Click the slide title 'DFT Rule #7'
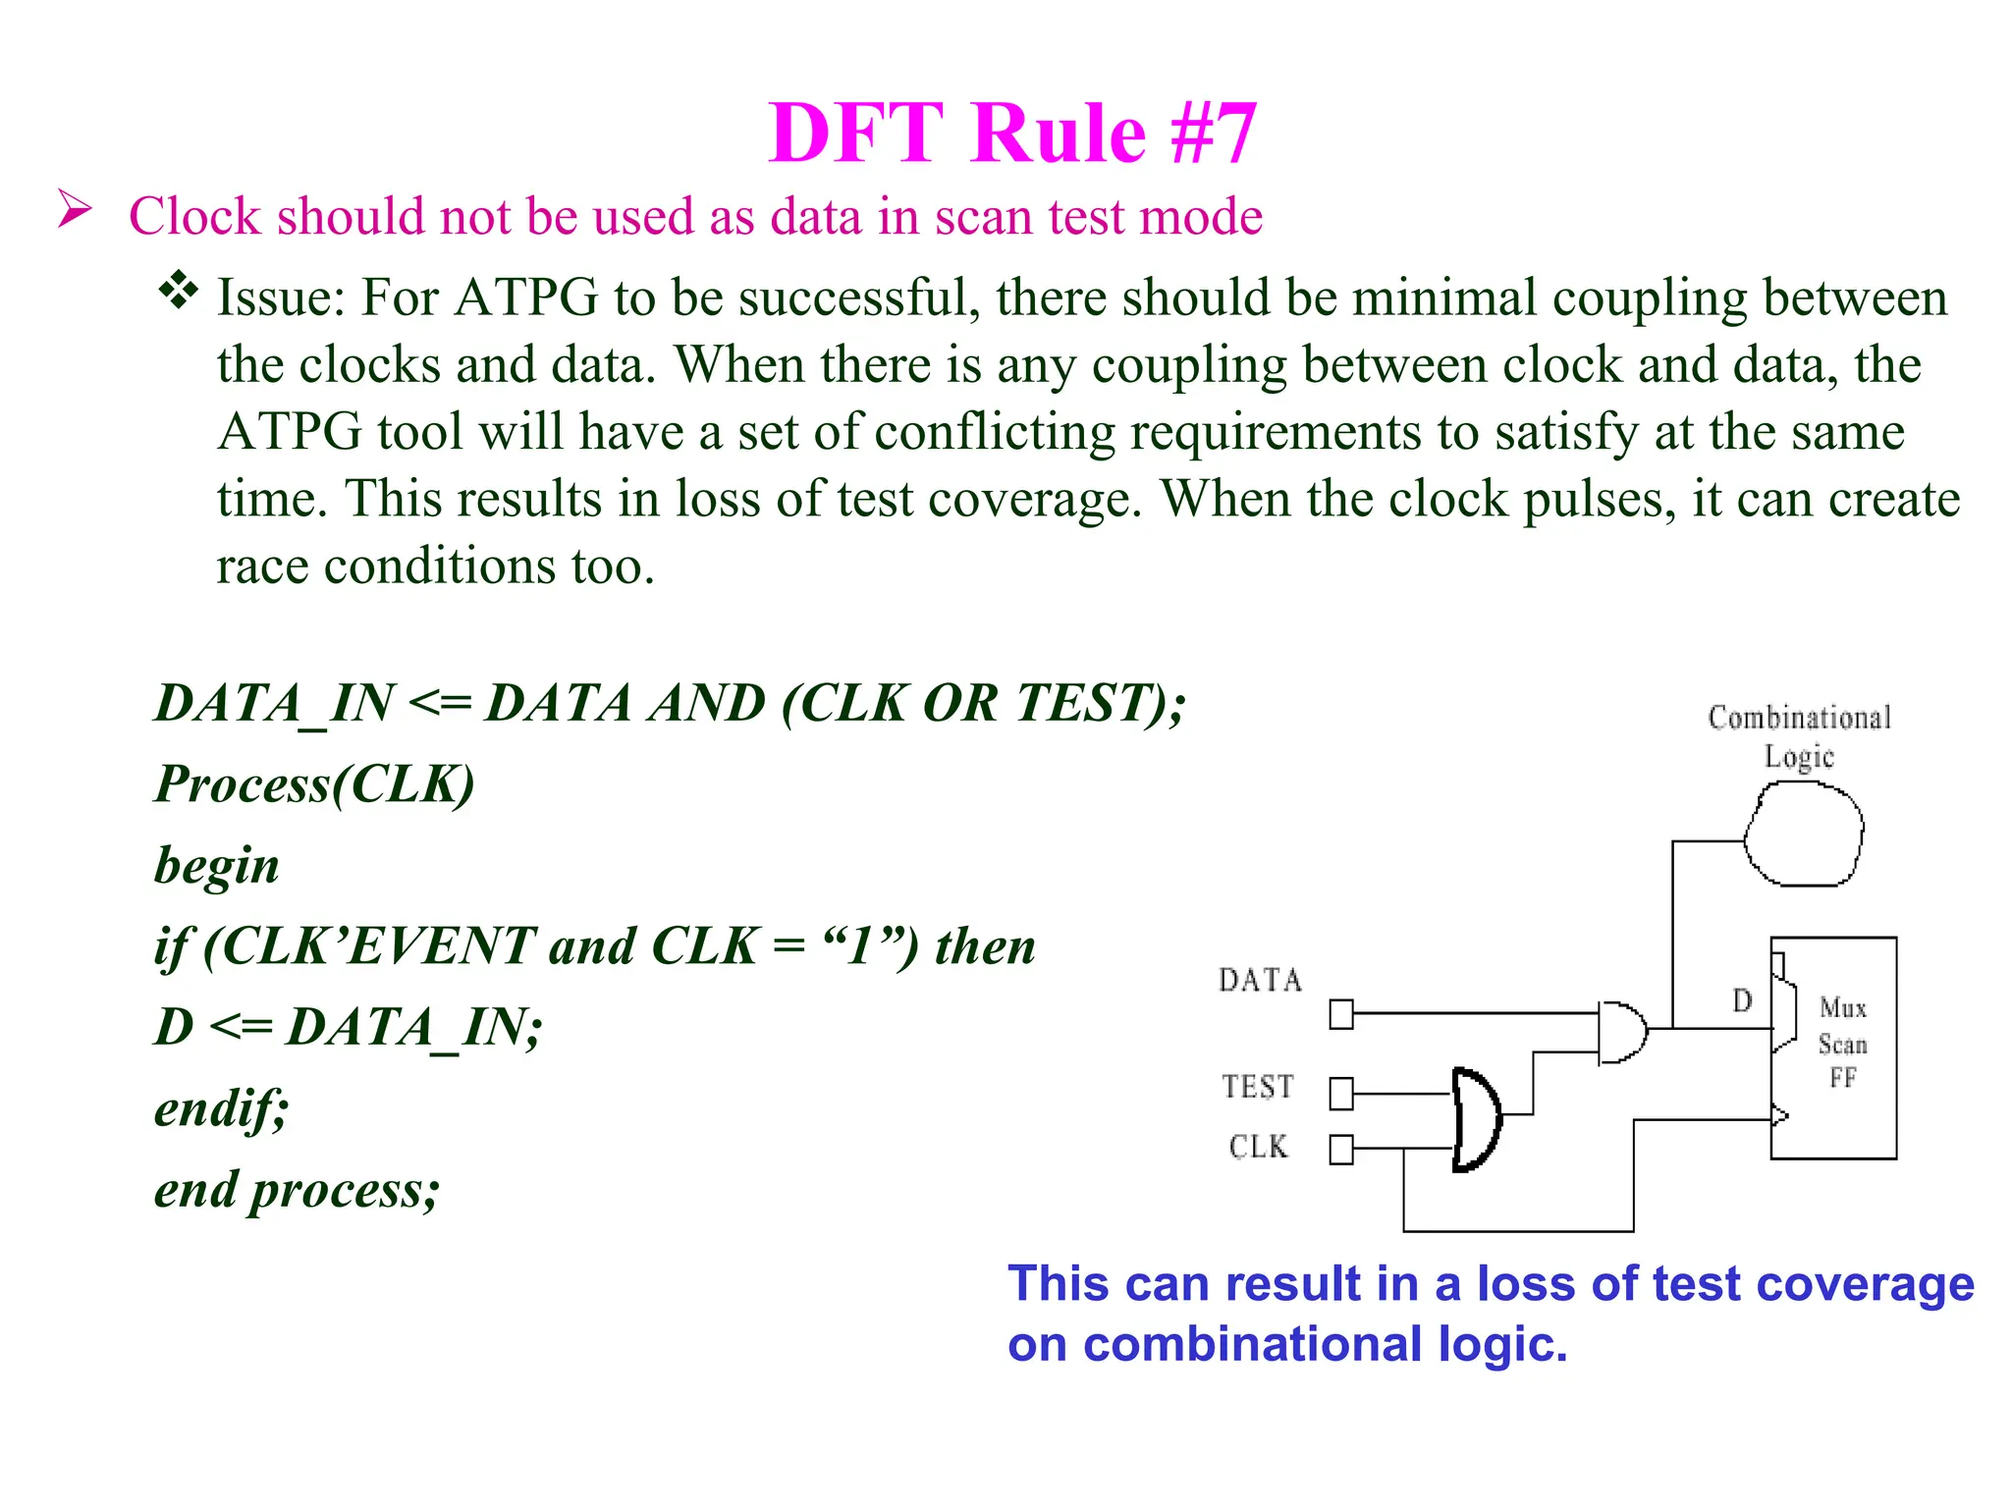(x=1012, y=134)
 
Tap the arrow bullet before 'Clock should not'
(x=75, y=209)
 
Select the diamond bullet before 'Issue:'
(x=179, y=291)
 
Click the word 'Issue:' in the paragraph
(x=281, y=297)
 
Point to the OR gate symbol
(x=1476, y=1120)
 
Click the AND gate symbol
(x=1621, y=1032)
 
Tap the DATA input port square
(x=1341, y=1014)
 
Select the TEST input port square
(x=1341, y=1093)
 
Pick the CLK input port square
(x=1341, y=1149)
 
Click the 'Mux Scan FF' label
(x=1842, y=1043)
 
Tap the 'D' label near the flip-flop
(x=1742, y=1000)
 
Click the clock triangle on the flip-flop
(x=1779, y=1115)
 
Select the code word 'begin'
(x=217, y=866)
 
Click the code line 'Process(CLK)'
(x=314, y=784)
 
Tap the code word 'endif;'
(x=222, y=1108)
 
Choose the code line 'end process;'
(x=297, y=1190)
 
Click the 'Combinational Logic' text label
(x=1799, y=736)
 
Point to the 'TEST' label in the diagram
(x=1258, y=1087)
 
